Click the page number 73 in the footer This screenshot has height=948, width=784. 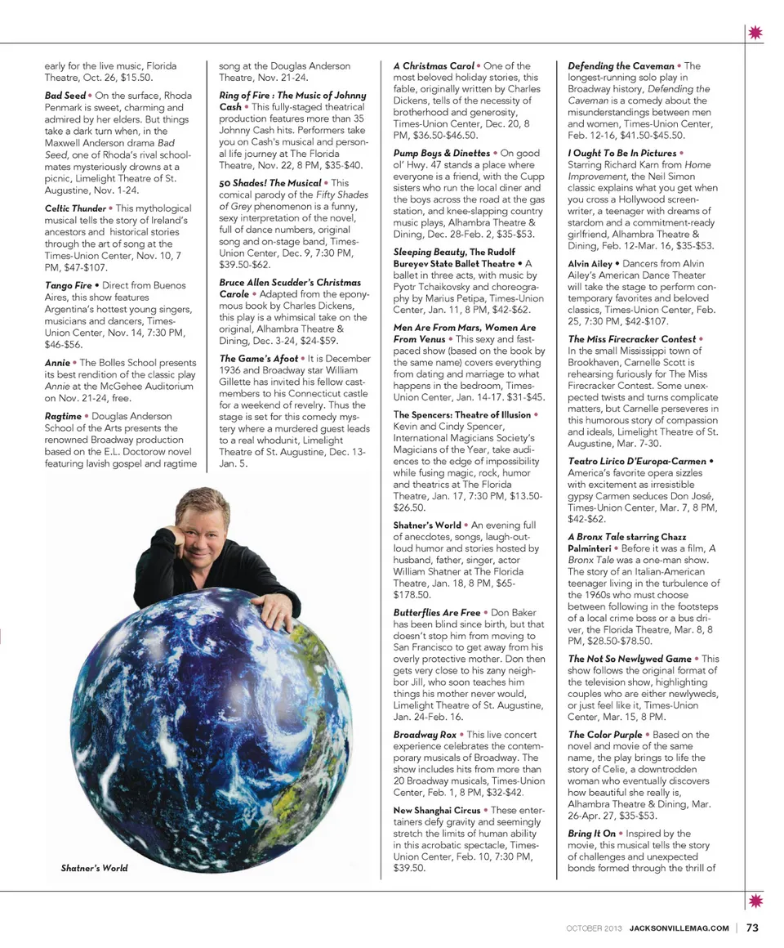coord(752,927)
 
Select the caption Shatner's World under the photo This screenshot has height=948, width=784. coord(94,868)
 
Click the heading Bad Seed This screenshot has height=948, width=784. coord(65,96)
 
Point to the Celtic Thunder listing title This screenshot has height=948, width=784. coord(75,208)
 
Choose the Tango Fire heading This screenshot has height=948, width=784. coord(69,285)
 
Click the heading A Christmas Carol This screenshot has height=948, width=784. coord(434,65)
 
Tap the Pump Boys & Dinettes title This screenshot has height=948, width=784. coord(442,153)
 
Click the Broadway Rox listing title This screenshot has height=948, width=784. coord(425,735)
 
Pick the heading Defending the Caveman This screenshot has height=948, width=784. coord(621,65)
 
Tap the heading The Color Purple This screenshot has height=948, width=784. coord(605,735)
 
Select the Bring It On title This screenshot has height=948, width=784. coord(592,834)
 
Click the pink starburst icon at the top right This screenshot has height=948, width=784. coord(754,33)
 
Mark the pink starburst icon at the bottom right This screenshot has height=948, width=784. coord(754,901)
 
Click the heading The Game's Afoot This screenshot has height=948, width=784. coord(259,358)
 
